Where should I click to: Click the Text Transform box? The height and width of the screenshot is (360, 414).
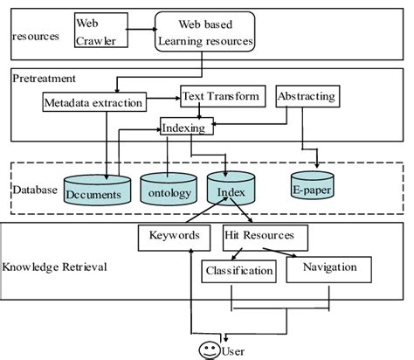click(220, 95)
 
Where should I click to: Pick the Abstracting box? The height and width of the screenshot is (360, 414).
click(306, 96)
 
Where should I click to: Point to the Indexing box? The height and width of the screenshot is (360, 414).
click(184, 128)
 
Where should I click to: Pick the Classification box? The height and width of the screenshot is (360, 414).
click(238, 271)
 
